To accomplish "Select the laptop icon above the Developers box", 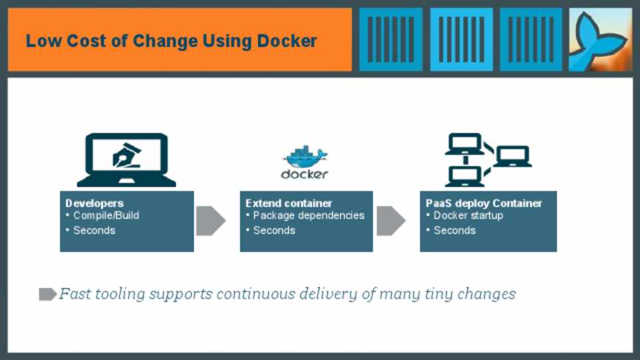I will [127, 160].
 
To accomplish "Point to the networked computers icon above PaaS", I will [487, 160].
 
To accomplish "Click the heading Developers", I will [95, 203].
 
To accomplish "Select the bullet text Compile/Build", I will [106, 216].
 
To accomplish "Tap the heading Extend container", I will [289, 203].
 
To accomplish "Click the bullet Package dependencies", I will [309, 216].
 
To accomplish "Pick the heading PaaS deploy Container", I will [484, 203].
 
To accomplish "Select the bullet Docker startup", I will [468, 216].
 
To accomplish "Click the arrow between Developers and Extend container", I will [210, 221].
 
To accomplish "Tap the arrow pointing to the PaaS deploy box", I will [391, 221].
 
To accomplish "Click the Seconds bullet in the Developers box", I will [94, 231].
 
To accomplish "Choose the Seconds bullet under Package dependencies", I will [274, 231].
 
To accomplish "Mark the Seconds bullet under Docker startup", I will [455, 231].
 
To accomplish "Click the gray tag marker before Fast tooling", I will [47, 294].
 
